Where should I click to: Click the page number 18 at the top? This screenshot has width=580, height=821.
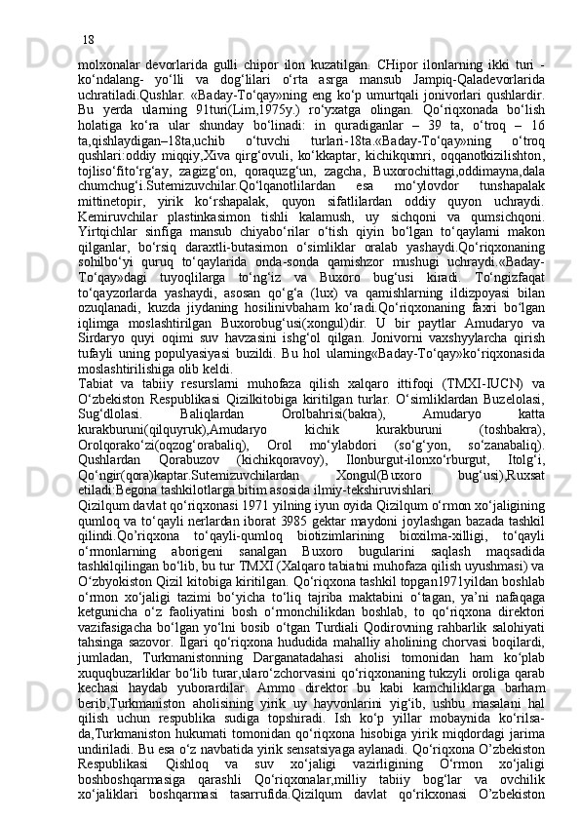point(88,13)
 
